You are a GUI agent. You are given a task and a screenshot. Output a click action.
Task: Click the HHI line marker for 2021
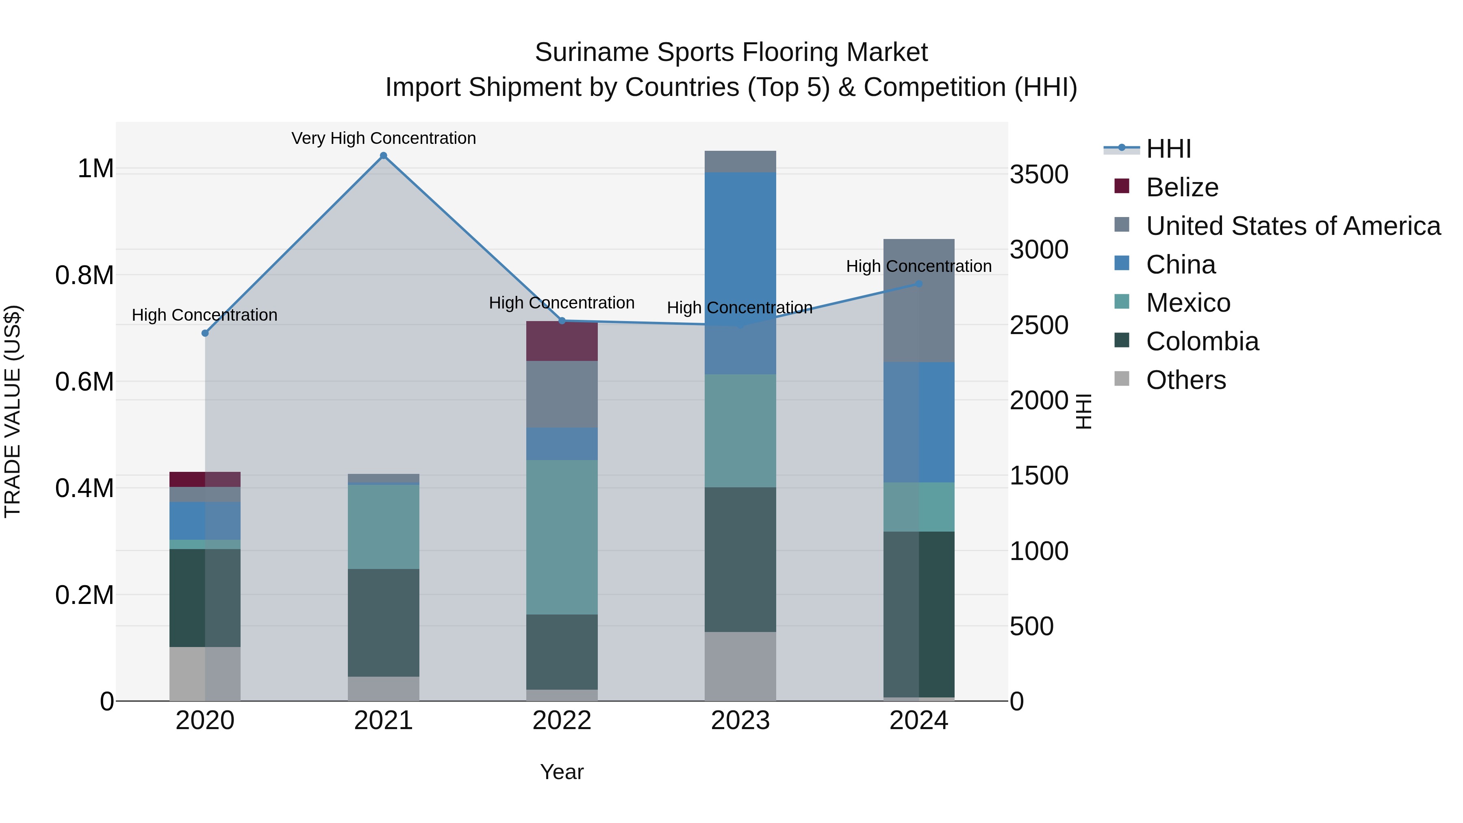[383, 156]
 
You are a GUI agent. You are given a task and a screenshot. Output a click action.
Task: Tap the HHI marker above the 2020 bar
[205, 333]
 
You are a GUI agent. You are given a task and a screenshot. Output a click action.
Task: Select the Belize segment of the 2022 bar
[562, 341]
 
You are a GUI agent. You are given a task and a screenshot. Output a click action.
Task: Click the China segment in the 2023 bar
[740, 273]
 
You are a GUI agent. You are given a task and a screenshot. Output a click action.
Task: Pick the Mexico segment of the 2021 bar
[383, 526]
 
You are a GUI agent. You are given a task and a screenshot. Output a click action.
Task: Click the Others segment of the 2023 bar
[740, 666]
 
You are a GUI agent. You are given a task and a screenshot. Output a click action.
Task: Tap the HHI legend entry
[1168, 149]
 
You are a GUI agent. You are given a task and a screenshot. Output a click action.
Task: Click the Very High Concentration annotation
[383, 138]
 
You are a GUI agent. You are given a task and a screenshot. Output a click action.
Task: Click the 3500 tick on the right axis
[1039, 174]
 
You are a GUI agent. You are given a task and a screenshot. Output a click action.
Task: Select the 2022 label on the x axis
[562, 721]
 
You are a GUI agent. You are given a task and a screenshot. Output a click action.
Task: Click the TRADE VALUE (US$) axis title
[13, 411]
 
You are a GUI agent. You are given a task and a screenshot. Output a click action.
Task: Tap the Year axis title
[562, 772]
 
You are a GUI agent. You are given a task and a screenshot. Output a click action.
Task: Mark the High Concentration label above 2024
[918, 266]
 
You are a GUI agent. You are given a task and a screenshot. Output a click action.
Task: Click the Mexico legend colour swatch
[1122, 302]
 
